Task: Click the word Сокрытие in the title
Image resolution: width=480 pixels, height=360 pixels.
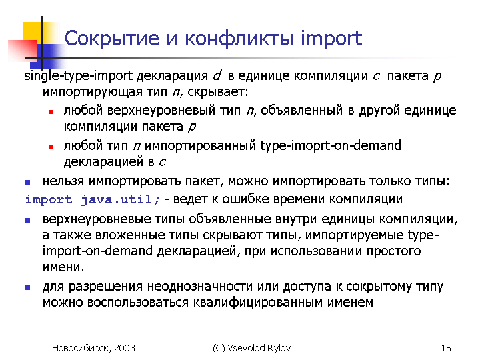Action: tap(112, 39)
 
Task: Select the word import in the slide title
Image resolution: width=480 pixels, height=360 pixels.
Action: tap(331, 39)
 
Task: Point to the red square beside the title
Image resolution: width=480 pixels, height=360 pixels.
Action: tap(23, 49)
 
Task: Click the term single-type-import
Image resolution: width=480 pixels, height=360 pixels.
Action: tap(79, 75)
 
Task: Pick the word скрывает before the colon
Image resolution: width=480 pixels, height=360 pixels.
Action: tap(216, 91)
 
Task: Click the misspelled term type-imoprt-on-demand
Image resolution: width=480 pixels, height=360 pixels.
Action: tap(331, 145)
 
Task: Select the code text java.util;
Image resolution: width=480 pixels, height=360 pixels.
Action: tap(120, 199)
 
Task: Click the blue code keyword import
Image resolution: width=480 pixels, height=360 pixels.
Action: tap(49, 200)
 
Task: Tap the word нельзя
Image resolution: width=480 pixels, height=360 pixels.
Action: tap(63, 181)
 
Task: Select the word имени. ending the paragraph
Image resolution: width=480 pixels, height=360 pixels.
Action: tap(63, 267)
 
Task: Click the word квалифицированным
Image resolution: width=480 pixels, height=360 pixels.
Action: tap(258, 303)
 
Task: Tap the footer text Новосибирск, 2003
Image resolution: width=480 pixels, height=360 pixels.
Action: tap(93, 348)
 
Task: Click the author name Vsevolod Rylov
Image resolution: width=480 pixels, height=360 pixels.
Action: tap(259, 348)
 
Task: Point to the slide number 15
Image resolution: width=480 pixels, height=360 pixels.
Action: tap(446, 348)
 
